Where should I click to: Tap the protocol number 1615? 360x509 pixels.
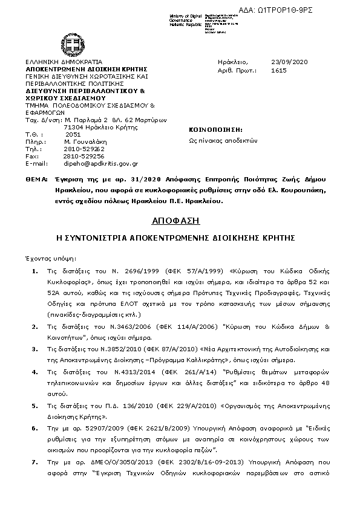click(x=279, y=70)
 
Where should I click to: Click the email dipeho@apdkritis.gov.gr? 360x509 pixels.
click(x=101, y=163)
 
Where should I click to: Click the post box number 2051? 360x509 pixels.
click(x=73, y=134)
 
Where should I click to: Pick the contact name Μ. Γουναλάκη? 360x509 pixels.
click(x=84, y=141)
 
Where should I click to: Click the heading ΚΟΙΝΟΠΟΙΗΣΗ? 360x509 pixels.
click(x=216, y=129)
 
